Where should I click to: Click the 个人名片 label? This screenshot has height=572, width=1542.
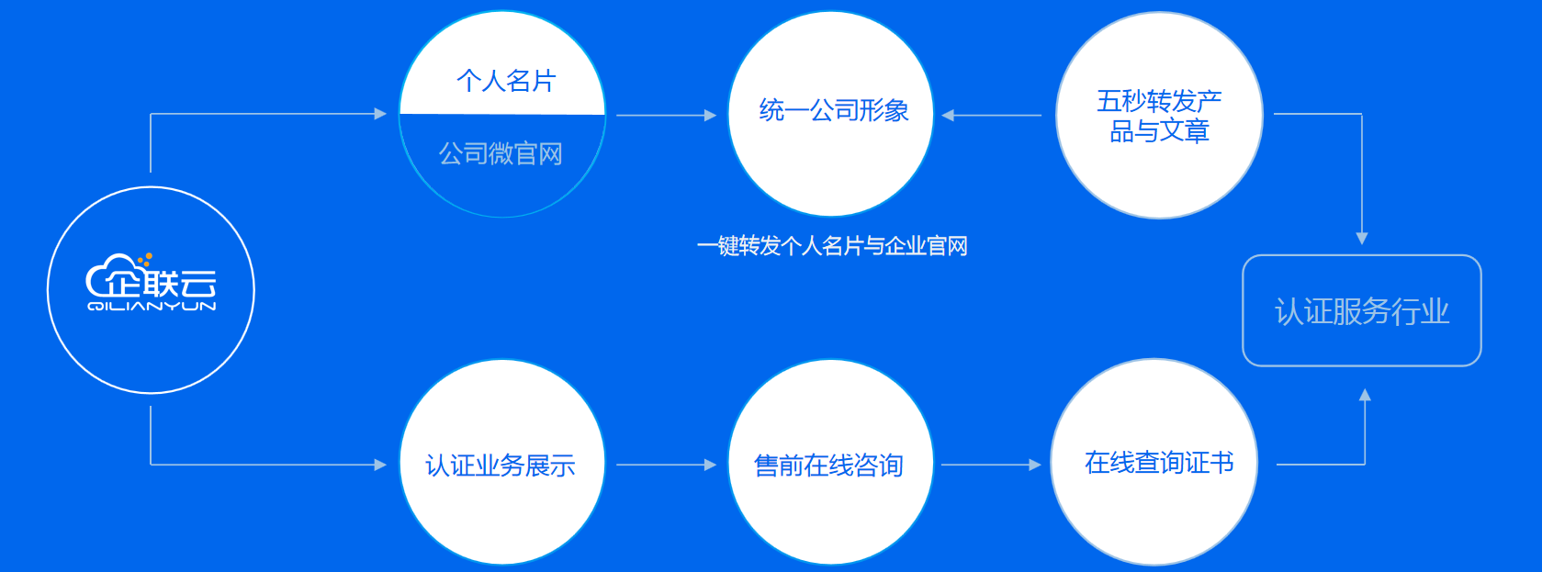point(506,81)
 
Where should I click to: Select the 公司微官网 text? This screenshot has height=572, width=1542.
point(501,154)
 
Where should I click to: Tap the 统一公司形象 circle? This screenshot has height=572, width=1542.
point(831,114)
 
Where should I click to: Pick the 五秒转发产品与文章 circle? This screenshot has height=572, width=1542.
point(1159,115)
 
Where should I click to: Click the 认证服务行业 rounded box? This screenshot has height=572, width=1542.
point(1362,310)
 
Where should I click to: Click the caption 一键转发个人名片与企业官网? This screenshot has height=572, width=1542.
point(832,246)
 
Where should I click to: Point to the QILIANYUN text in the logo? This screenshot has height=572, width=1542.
point(152,306)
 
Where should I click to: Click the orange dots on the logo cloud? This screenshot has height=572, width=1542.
point(144,260)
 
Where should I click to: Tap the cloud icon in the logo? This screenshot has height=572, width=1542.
point(111,275)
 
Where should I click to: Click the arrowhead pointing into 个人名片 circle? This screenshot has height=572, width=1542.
point(380,114)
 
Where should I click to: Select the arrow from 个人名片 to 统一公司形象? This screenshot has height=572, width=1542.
point(667,115)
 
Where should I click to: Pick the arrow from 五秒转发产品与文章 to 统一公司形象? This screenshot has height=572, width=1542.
point(991,115)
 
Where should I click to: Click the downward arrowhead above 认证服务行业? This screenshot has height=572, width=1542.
point(1362,238)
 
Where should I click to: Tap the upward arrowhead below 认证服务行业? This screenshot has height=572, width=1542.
point(1365,395)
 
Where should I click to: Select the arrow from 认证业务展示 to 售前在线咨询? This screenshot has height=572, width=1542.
point(667,465)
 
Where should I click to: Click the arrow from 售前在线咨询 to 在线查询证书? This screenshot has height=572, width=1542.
point(991,465)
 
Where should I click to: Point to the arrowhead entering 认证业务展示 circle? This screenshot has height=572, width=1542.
point(380,465)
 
